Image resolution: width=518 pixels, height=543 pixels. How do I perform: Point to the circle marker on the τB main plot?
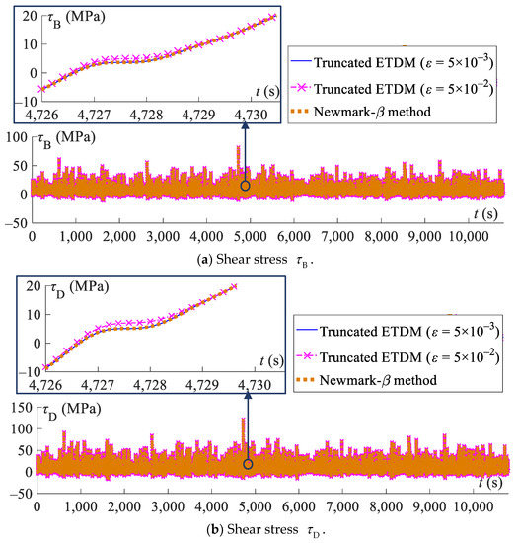[x=246, y=185]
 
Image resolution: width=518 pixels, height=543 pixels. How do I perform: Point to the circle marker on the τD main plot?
[x=248, y=463]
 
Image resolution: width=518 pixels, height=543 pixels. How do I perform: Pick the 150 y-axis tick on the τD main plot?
[x=17, y=408]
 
